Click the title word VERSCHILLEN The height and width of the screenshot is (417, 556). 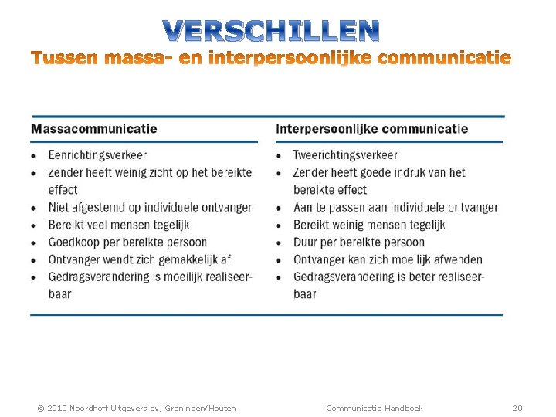click(271, 31)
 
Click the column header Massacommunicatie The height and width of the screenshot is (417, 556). click(93, 129)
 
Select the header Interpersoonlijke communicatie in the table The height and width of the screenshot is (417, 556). click(371, 129)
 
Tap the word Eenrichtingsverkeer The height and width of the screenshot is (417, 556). click(97, 155)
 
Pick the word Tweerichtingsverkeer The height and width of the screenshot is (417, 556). click(345, 155)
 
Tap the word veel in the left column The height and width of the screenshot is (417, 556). click(106, 225)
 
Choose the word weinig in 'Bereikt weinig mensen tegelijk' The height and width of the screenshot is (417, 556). click(354, 225)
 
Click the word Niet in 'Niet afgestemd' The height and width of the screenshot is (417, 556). click(59, 207)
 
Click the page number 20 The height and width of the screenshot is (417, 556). click(517, 408)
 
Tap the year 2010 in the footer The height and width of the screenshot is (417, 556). click(59, 408)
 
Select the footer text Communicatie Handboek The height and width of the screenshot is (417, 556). click(375, 408)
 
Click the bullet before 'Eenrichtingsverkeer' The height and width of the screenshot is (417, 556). click(34, 156)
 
